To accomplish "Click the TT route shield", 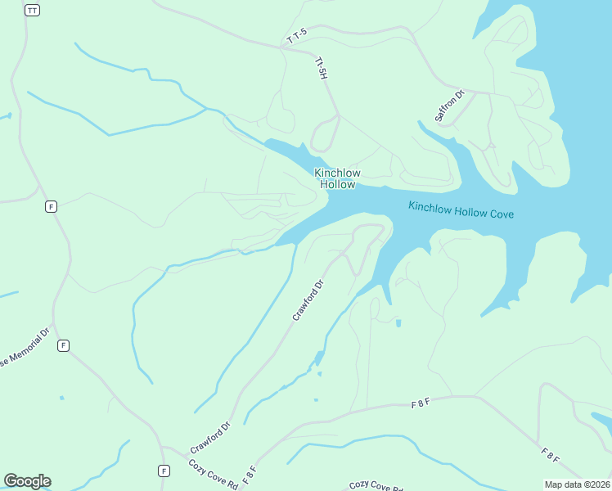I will coord(32,10).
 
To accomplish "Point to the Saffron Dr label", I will coord(449,106).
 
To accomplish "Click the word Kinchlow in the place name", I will coord(337,173).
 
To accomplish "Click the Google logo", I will coord(27,481).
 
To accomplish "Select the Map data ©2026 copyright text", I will coord(577,484).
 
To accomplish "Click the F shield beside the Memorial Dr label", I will coord(63,346).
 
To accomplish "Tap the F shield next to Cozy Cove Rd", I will coord(164,471).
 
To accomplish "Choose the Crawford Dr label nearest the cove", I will coord(308,300).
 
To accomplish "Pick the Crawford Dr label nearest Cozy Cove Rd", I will coord(211,438).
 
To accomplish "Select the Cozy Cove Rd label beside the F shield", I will coord(213,474).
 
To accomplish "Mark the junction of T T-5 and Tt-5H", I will coord(281,47).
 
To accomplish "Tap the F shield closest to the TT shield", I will coord(51,206).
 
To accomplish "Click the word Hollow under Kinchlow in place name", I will coord(337,184).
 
